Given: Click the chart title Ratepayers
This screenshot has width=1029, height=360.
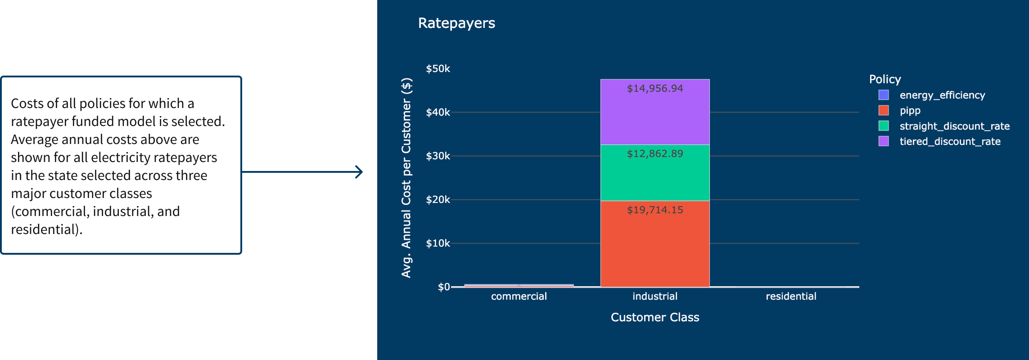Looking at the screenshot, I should pos(456,23).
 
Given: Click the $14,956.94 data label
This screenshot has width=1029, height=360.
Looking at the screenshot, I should pos(655,88).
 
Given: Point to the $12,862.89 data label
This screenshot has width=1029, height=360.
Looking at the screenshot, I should pos(655,153).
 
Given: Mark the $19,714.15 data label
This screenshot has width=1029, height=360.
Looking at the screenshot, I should pos(655,210).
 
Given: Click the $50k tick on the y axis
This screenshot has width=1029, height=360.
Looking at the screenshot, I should pos(438,69).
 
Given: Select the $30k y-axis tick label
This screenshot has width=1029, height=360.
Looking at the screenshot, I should pos(438,156).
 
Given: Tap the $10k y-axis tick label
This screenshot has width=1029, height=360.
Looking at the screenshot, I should pos(438,243).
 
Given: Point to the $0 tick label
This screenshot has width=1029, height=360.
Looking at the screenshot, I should pos(444,287).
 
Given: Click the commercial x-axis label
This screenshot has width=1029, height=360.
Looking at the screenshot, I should pos(519,296).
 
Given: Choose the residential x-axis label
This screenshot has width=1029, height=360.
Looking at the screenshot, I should pos(791,296).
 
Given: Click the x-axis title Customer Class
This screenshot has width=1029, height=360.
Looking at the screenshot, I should pos(655,317).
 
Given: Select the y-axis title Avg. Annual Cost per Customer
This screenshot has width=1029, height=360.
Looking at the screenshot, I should pos(406,178).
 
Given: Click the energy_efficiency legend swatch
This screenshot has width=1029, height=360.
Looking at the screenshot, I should pos(884,95).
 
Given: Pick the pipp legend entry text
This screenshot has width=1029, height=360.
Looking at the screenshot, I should pos(910,111).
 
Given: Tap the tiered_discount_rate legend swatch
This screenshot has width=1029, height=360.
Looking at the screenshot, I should pos(884,141).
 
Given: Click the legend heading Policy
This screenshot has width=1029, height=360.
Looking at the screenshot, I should pos(885,79).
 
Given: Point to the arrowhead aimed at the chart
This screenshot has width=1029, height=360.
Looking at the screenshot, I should pos(359,172).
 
